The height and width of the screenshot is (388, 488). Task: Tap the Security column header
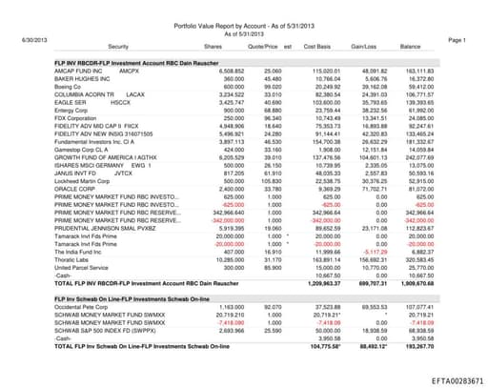point(119,46)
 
